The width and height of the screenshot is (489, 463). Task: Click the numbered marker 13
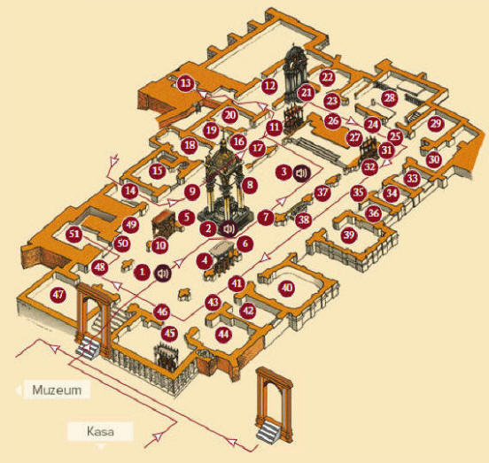[x=185, y=83]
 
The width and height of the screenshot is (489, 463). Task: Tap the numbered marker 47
[x=58, y=294]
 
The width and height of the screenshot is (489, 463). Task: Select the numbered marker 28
[x=390, y=98]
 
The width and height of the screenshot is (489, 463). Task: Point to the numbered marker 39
[x=349, y=235]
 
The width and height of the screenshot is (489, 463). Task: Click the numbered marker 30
[x=434, y=159]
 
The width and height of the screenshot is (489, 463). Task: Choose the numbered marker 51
[x=74, y=234]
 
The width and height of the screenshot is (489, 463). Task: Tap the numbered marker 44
[x=223, y=335]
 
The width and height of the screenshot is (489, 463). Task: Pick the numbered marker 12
[x=269, y=85]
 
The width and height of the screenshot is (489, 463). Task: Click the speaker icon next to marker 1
[x=163, y=274]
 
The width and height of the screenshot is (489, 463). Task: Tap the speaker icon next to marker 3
[x=302, y=173]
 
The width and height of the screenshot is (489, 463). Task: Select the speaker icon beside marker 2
[x=229, y=229]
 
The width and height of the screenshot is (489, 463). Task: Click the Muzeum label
[x=57, y=390]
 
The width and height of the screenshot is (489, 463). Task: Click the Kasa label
[x=100, y=431]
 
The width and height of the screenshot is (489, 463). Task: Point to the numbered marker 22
[x=327, y=77]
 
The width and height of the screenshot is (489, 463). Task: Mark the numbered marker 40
[x=287, y=288]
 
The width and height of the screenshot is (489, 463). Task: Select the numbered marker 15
[x=157, y=171]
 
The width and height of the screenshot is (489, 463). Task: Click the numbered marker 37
[x=322, y=193]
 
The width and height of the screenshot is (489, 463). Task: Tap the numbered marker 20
[x=230, y=115]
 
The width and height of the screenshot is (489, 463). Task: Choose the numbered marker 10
[x=160, y=245]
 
